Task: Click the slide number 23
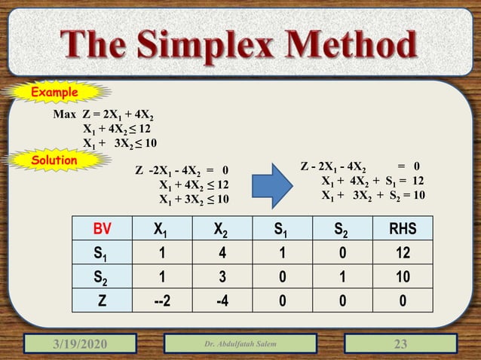pos(400,345)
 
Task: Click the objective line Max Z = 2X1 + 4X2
pos(103,116)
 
